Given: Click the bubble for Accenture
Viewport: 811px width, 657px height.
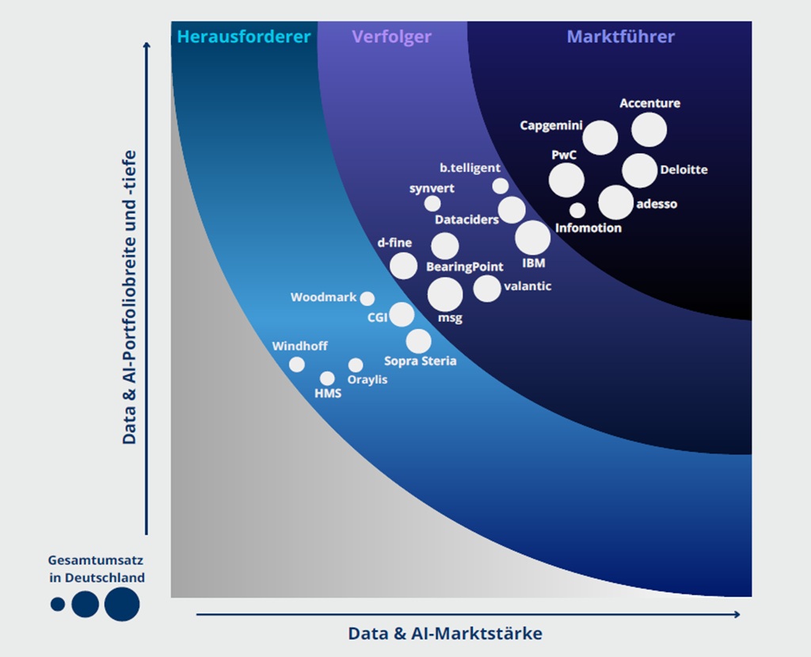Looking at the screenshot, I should click(x=649, y=130).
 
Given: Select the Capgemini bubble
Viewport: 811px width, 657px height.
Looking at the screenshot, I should click(x=600, y=138).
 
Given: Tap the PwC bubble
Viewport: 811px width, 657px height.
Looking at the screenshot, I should click(x=566, y=180).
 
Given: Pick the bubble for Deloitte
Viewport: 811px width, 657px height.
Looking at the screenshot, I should click(x=639, y=170).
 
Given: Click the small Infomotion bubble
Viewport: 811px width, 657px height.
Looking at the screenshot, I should click(x=577, y=211).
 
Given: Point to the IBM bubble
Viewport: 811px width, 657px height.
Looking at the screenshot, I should click(x=532, y=238).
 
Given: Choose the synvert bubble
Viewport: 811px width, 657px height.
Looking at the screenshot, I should click(x=432, y=204).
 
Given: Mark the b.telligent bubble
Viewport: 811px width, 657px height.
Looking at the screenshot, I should click(x=501, y=186).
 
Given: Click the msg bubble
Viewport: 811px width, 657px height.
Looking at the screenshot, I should click(x=445, y=295).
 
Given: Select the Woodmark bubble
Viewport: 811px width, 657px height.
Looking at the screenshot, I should click(x=367, y=299).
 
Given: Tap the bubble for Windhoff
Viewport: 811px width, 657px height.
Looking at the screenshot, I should click(x=297, y=365).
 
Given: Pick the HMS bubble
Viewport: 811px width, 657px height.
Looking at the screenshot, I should click(x=327, y=378).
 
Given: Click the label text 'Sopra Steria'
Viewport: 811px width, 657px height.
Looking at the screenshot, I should click(x=421, y=361).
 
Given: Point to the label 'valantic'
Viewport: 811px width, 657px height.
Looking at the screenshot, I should click(x=527, y=286).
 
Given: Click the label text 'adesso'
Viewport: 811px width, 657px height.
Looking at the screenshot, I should click(x=657, y=204).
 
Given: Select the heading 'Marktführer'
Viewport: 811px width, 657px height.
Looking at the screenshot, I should click(x=621, y=36).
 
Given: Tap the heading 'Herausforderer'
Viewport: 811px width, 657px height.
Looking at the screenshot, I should click(x=244, y=36).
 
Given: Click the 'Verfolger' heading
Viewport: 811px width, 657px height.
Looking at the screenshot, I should click(x=392, y=36).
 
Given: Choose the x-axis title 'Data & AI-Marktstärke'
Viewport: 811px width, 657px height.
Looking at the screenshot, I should click(x=445, y=633).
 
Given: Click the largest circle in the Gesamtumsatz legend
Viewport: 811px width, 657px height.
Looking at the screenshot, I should click(x=122, y=604).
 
